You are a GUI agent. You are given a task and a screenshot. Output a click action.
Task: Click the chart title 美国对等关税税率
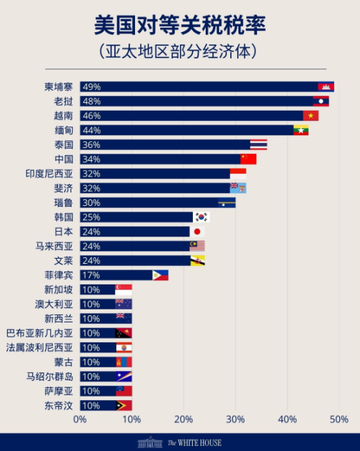(x=179, y=26)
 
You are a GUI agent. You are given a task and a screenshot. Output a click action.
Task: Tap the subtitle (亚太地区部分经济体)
(x=179, y=52)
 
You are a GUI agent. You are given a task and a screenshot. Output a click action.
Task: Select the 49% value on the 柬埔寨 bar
(x=91, y=86)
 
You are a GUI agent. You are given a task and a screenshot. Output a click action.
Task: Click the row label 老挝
(x=63, y=101)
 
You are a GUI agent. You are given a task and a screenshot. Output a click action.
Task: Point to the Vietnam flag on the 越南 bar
(x=311, y=115)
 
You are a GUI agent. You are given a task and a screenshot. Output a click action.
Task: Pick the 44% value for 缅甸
(x=91, y=130)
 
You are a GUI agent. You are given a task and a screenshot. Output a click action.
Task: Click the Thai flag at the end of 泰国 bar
(x=259, y=144)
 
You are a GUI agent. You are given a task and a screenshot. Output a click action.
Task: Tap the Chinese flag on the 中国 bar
(x=248, y=159)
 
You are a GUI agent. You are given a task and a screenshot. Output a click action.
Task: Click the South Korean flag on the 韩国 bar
(x=201, y=217)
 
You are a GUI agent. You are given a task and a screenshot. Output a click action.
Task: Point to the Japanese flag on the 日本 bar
(x=197, y=232)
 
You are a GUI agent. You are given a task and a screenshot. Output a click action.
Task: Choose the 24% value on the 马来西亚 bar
(x=91, y=246)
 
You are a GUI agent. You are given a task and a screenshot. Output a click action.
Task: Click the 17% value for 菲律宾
(x=91, y=275)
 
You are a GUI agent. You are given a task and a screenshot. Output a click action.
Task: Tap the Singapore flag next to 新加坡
(x=124, y=289)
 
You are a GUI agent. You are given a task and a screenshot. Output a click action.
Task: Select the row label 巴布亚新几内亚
(x=39, y=333)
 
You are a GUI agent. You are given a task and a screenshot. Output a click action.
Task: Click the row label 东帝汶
(x=58, y=405)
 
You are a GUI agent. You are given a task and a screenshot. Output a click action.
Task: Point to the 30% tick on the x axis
(x=235, y=419)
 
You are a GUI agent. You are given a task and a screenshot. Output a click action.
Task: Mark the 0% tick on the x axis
(x=79, y=419)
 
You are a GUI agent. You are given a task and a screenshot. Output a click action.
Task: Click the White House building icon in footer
(x=149, y=442)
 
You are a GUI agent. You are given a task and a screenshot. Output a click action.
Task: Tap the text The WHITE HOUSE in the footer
(x=194, y=442)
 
